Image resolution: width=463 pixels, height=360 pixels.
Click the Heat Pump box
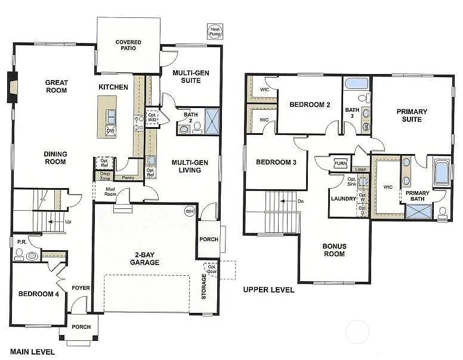pos(215,32)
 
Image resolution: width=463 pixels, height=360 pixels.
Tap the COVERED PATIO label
pos(128,45)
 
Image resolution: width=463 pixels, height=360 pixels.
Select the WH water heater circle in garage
pos(190,211)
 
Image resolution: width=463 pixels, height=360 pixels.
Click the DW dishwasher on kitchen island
pos(110,131)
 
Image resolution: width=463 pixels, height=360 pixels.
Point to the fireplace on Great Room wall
pos(12,87)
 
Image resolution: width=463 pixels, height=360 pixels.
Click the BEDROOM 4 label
pos(38,293)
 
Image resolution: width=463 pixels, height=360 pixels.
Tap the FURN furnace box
pos(341,163)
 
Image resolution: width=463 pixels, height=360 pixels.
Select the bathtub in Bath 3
pos(356,83)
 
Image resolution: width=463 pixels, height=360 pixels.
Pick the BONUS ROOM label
pos(334,250)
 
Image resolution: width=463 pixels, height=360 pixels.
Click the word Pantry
pos(128,177)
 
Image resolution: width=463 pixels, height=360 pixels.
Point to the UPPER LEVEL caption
pos(268,290)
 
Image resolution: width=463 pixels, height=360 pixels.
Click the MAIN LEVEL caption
pos(32,352)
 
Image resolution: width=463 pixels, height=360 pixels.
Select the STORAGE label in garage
pos(203,287)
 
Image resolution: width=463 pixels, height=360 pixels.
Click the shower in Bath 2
pos(212,121)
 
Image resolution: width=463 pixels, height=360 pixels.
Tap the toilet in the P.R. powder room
pos(18,255)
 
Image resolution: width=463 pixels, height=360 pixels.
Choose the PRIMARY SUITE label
pos(412,115)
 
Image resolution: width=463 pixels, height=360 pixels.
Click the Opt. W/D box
pos(152,116)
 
